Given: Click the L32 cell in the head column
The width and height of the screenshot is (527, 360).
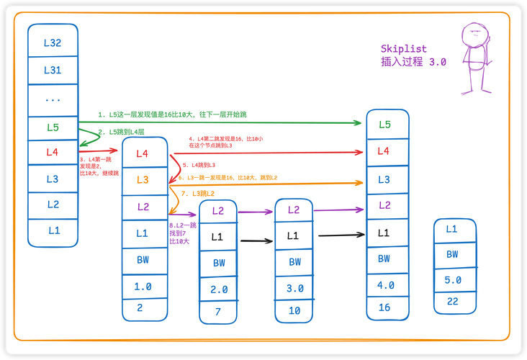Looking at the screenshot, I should coord(53,42).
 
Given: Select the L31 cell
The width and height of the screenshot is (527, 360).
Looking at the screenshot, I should coord(53,70).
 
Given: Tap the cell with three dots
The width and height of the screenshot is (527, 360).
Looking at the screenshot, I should coord(53,99).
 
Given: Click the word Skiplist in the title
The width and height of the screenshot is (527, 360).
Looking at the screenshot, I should coord(403,49).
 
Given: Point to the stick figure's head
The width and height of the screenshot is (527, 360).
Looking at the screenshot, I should coord(473,33).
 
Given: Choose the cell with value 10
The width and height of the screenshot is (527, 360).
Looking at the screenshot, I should coord(294,310).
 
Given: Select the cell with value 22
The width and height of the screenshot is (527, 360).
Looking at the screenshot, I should coord(452,302).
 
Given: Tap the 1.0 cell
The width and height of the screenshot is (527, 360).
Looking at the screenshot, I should coord(143,287).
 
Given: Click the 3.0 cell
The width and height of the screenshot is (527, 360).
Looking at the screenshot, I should coord(294,287).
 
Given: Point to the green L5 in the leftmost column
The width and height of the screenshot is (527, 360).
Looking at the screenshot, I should coord(53,127).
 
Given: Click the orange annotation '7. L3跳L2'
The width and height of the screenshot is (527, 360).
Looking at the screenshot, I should coord(199,194).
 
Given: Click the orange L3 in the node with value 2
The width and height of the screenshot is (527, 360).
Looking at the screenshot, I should coord(143,180).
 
